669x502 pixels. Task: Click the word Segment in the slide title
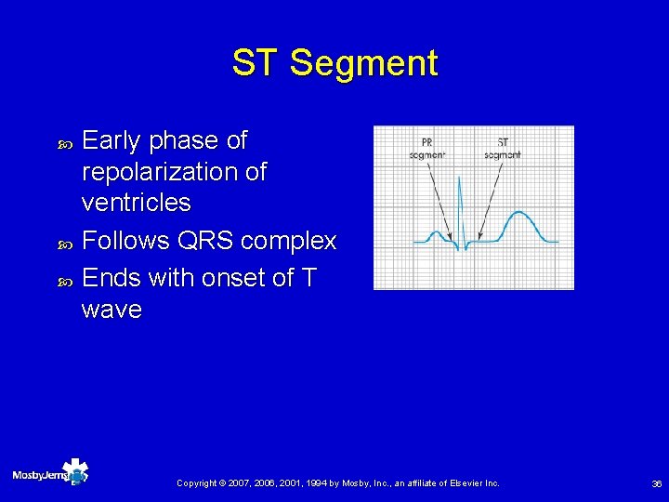click(x=363, y=64)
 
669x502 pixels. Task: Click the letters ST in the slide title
click(x=256, y=64)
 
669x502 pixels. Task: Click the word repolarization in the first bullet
click(x=174, y=173)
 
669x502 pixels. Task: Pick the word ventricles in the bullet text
click(x=136, y=203)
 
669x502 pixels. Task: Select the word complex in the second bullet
click(x=295, y=242)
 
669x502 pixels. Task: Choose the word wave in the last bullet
click(x=111, y=310)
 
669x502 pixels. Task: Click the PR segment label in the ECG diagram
click(x=426, y=149)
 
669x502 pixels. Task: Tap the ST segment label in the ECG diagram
click(x=503, y=149)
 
